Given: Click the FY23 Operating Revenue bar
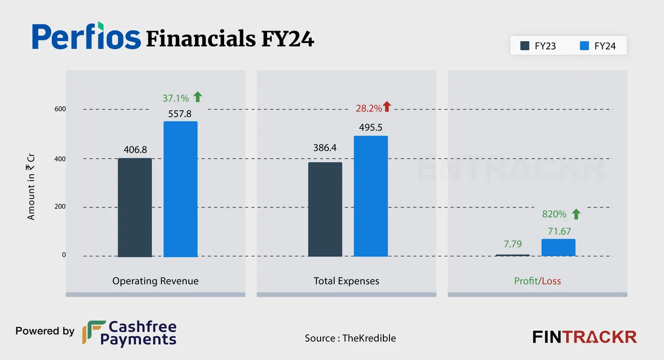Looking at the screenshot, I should [x=135, y=207].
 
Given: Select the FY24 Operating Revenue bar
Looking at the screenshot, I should [x=181, y=189].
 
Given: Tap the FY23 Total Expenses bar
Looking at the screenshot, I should [x=325, y=210].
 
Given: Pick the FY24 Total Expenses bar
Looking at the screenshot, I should [x=370, y=196].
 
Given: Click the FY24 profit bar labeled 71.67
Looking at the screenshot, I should [x=558, y=247].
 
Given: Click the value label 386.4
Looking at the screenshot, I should [x=325, y=148].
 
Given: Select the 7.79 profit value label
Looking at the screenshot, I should [x=513, y=244].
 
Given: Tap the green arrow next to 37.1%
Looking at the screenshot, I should [x=197, y=96].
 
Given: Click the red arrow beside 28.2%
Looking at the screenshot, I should [x=387, y=107].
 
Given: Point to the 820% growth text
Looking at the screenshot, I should [x=554, y=214].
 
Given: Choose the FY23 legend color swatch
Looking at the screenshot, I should [x=525, y=46].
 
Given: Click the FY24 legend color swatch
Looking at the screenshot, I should [x=584, y=46].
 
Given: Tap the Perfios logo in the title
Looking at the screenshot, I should [x=86, y=36].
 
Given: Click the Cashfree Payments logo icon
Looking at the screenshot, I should [x=93, y=333].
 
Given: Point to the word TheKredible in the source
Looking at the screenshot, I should [x=369, y=338].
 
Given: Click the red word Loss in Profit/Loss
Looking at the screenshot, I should [x=551, y=281].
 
